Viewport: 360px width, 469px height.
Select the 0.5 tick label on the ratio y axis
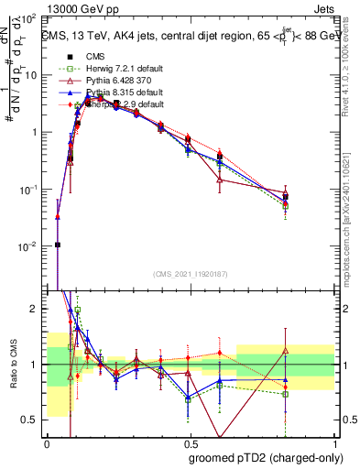click(31, 420)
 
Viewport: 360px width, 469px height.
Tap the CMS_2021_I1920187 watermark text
click(190, 275)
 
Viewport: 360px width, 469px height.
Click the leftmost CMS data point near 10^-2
click(58, 245)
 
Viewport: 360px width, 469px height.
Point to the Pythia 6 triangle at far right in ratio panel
click(286, 350)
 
